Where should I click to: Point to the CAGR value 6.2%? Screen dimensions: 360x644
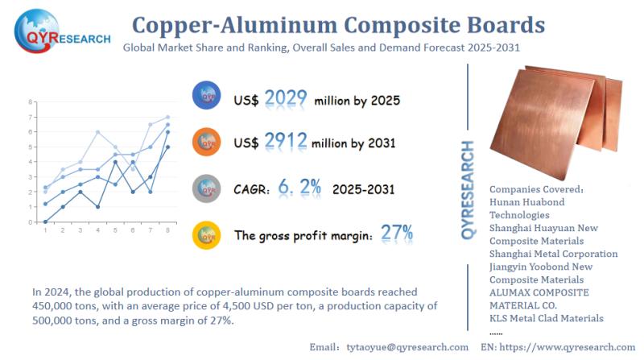[x=300, y=188]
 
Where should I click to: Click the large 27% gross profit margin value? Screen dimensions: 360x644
[x=397, y=234]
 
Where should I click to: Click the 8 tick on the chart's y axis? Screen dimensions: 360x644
[x=30, y=102]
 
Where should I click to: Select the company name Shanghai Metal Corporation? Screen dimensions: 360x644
[x=553, y=254]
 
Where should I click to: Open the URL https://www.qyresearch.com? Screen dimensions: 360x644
[x=568, y=347]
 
